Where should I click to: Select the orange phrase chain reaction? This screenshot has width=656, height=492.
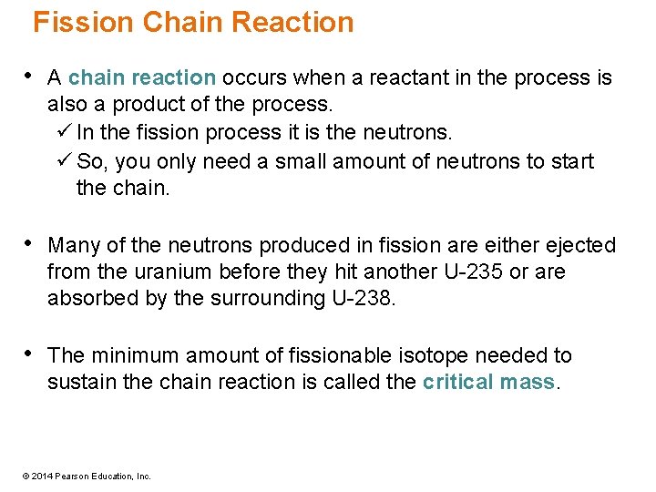tap(142, 78)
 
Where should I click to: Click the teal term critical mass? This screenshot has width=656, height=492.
tap(488, 383)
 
